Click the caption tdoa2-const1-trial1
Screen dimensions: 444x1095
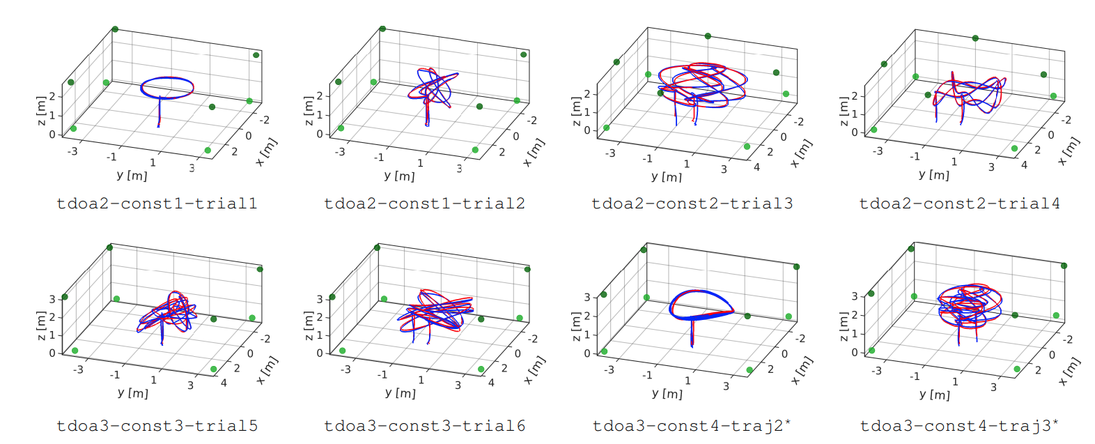click(x=157, y=204)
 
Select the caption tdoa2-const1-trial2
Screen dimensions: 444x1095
click(x=424, y=204)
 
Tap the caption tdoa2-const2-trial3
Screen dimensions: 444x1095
click(x=692, y=204)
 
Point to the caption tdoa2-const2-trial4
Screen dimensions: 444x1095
click(x=959, y=204)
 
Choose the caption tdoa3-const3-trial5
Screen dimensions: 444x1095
click(x=157, y=426)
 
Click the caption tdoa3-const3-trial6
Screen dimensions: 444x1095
click(x=424, y=426)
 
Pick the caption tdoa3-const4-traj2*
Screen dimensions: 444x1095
click(x=692, y=426)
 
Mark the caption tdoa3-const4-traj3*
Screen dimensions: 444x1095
click(x=959, y=426)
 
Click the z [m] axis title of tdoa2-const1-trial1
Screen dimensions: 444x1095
click(x=41, y=112)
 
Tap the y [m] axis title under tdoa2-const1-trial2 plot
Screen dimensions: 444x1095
click(x=399, y=176)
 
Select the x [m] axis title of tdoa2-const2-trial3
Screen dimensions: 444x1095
click(x=802, y=153)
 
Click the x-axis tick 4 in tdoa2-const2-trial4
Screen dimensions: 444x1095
click(x=1023, y=165)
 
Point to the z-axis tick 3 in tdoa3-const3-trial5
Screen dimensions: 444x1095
click(x=52, y=299)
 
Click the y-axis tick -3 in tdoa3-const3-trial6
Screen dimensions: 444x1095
click(x=345, y=369)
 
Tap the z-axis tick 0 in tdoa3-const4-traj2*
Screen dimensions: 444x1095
click(x=587, y=353)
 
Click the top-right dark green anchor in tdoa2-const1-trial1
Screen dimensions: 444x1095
click(x=256, y=55)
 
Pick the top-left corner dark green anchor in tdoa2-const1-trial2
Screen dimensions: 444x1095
click(x=382, y=29)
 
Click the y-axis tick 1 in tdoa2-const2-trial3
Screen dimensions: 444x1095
click(x=686, y=164)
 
